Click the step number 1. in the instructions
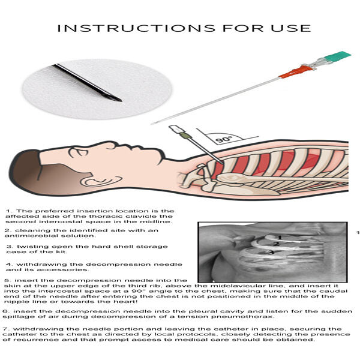pos(9,211)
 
